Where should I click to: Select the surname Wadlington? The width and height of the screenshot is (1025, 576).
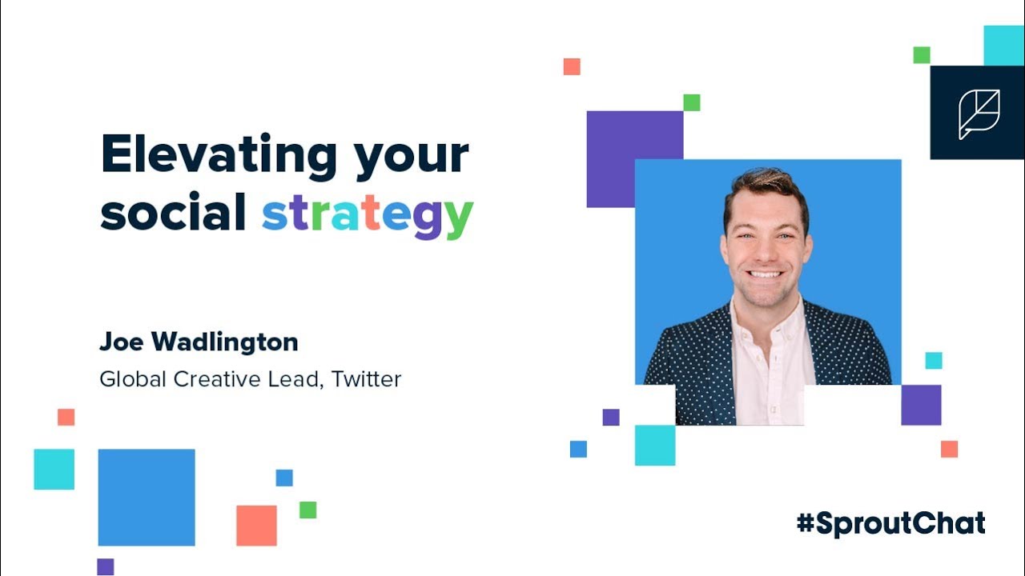pyautogui.click(x=226, y=342)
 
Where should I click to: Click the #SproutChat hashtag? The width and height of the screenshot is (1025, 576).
pyautogui.click(x=890, y=523)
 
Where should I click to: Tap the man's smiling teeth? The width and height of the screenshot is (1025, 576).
pyautogui.click(x=766, y=274)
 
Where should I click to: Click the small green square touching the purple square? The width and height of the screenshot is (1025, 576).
pyautogui.click(x=691, y=102)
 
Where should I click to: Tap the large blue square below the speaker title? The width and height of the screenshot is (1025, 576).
pyautogui.click(x=147, y=497)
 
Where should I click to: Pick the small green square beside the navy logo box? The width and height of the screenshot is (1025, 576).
pyautogui.click(x=922, y=54)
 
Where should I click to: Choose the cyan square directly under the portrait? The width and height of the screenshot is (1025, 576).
pyautogui.click(x=655, y=445)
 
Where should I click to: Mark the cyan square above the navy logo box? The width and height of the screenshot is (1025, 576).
pyautogui.click(x=1003, y=46)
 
